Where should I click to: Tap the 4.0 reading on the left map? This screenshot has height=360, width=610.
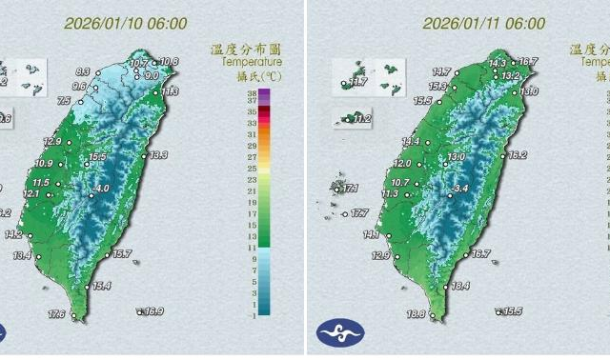coord(101,189)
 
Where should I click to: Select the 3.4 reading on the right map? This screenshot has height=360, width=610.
coord(461,190)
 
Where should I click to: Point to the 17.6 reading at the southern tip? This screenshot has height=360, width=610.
coord(56,315)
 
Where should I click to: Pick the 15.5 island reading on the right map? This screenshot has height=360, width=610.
coord(512,311)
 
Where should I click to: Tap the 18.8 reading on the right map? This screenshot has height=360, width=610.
coord(417,315)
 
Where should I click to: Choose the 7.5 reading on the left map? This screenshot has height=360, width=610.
coord(64,100)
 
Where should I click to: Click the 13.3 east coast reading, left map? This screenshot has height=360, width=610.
coord(157,154)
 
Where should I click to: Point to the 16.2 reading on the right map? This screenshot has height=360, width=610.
coord(518,154)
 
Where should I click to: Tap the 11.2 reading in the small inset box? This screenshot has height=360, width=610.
coord(360,119)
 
